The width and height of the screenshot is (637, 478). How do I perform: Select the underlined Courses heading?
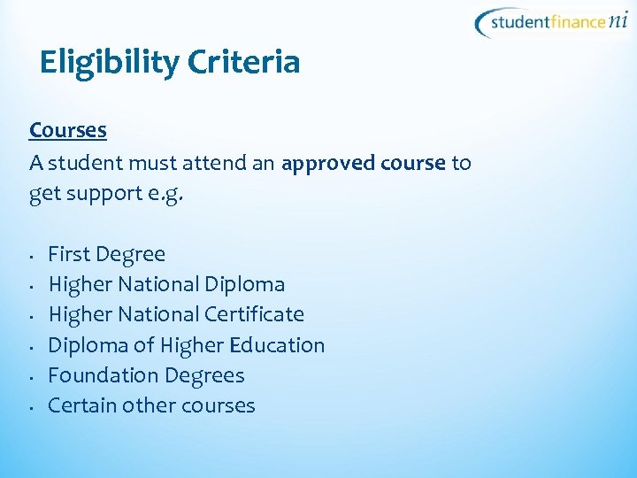click(68, 130)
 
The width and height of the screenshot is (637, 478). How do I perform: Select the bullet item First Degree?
click(106, 255)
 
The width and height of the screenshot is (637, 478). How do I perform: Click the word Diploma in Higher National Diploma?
click(244, 285)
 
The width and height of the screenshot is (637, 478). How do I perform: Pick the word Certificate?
click(254, 315)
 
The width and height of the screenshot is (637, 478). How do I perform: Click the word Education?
click(279, 345)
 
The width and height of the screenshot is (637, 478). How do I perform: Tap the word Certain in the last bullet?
click(78, 405)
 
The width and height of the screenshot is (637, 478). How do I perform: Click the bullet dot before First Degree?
click(31, 258)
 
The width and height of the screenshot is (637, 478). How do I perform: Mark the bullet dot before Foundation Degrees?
click(31, 378)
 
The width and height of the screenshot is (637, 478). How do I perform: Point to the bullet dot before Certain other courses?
click(31, 408)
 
